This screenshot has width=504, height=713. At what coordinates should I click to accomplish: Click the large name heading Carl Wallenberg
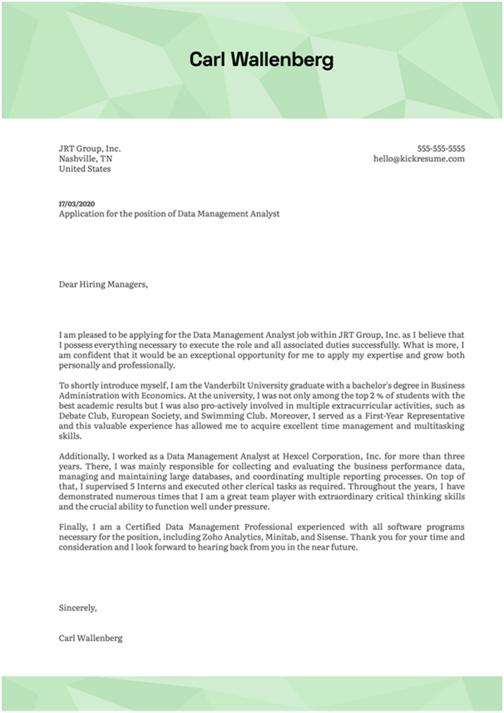point(261,60)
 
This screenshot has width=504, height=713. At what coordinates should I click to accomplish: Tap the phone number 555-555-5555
point(441,149)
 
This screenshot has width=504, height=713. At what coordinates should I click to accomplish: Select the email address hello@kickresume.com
point(418,159)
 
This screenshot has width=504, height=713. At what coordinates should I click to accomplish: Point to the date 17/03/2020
point(76,204)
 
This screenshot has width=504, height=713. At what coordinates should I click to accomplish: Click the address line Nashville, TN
point(85,159)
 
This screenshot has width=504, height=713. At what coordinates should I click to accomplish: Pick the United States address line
point(85,169)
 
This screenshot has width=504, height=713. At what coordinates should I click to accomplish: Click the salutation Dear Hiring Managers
point(103,285)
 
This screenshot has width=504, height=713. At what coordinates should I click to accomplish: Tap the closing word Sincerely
point(77,608)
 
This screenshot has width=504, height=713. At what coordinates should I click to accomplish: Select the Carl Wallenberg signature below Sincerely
point(91,638)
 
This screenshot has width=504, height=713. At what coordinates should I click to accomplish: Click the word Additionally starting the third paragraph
point(85,456)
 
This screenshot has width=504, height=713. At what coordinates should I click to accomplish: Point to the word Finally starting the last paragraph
point(73,527)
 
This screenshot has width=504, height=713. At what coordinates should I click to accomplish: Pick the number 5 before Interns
point(132,487)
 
